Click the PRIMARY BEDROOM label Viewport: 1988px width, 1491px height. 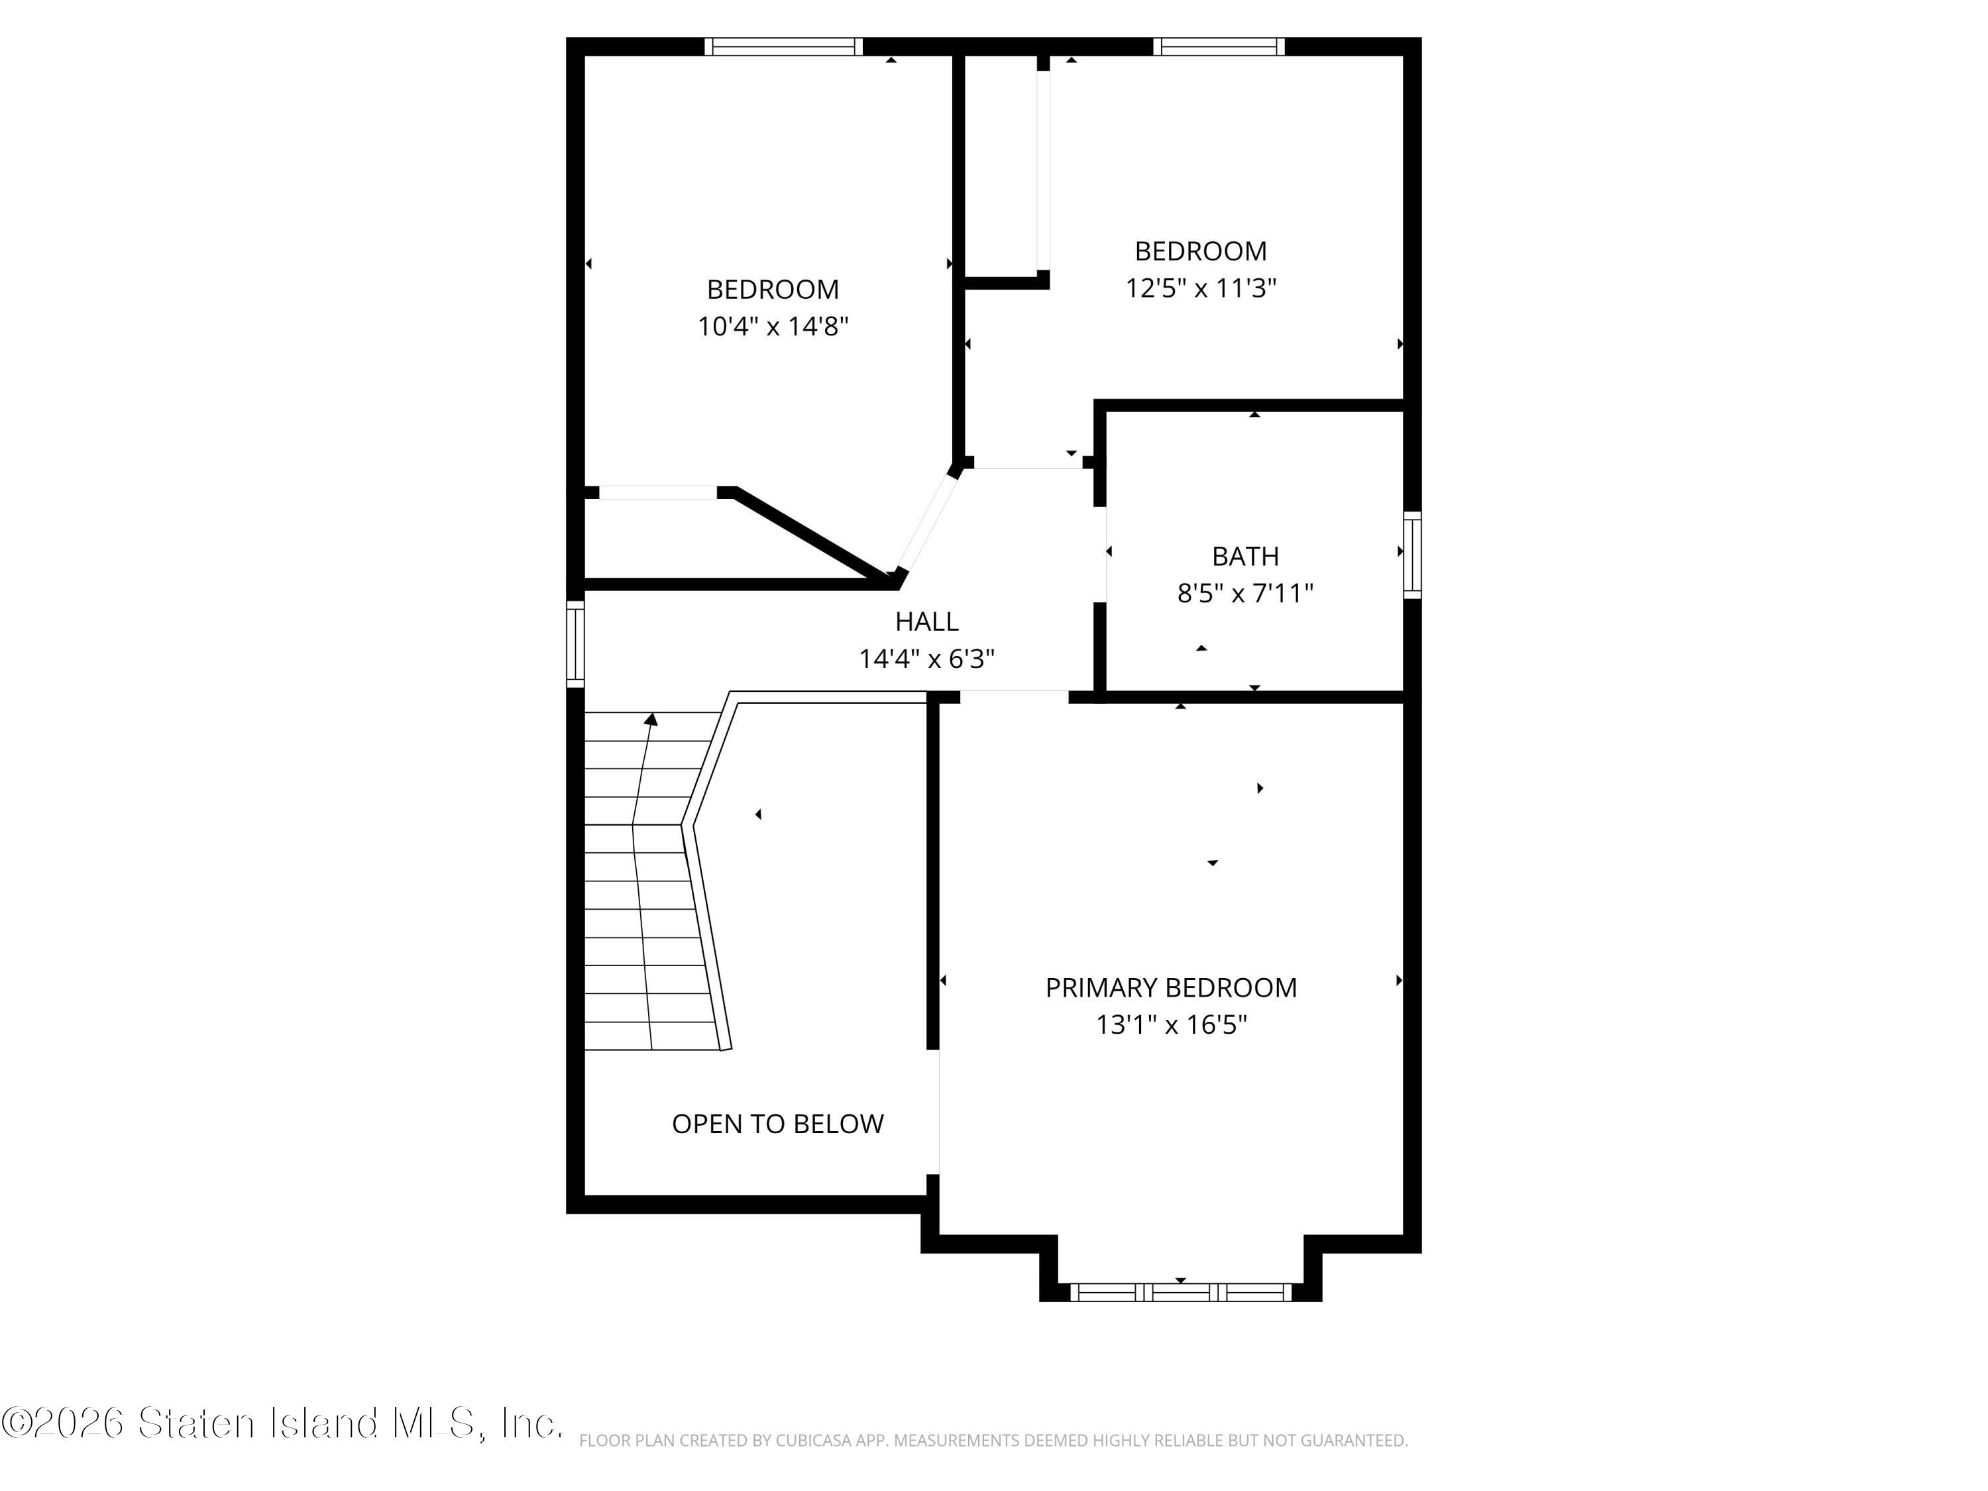(1171, 988)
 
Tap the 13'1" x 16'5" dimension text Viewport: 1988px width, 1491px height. (1171, 1025)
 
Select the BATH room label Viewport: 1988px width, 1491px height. (1246, 557)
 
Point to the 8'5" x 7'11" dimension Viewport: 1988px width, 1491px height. (1246, 594)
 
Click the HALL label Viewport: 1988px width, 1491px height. (926, 621)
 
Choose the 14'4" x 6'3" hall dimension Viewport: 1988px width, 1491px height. (926, 659)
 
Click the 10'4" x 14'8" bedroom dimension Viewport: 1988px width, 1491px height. (773, 326)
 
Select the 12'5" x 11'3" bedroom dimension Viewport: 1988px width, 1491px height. (1201, 288)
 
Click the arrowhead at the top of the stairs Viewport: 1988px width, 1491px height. (651, 719)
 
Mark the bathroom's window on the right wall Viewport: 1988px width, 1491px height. (1413, 555)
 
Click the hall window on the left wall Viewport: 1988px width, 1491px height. (575, 644)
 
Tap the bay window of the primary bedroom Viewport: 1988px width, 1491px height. (1181, 1292)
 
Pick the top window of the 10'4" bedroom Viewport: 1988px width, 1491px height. (783, 47)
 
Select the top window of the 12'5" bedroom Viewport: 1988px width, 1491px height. (1219, 47)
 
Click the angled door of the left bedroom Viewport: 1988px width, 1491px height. (926, 522)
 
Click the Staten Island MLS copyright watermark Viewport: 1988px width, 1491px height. (282, 1423)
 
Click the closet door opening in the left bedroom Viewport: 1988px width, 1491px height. (658, 492)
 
